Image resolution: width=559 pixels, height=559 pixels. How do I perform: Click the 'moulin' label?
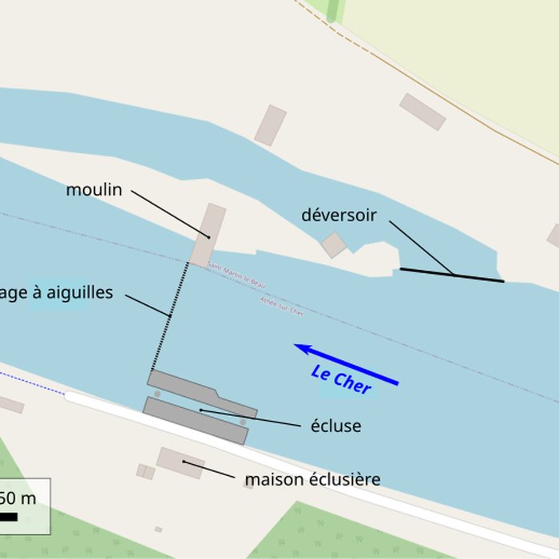(94, 190)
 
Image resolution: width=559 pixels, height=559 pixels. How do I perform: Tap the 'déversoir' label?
(339, 215)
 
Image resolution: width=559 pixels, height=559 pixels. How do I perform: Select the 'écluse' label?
(335, 426)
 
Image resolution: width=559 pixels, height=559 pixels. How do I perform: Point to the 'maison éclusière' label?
(312, 480)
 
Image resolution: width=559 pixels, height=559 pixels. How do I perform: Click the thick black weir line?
(452, 276)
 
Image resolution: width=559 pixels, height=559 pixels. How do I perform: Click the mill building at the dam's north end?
(208, 234)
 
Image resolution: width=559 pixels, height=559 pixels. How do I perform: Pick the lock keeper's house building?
(180, 462)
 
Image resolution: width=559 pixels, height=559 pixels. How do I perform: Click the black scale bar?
(8, 517)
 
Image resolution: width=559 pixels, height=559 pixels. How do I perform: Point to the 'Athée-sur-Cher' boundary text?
(282, 306)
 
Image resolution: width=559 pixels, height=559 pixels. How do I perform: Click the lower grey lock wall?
(195, 420)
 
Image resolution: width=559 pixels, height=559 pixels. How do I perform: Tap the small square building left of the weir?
(334, 244)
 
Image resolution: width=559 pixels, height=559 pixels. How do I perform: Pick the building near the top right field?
(422, 112)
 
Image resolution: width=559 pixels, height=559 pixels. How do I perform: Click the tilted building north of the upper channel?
(271, 125)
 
